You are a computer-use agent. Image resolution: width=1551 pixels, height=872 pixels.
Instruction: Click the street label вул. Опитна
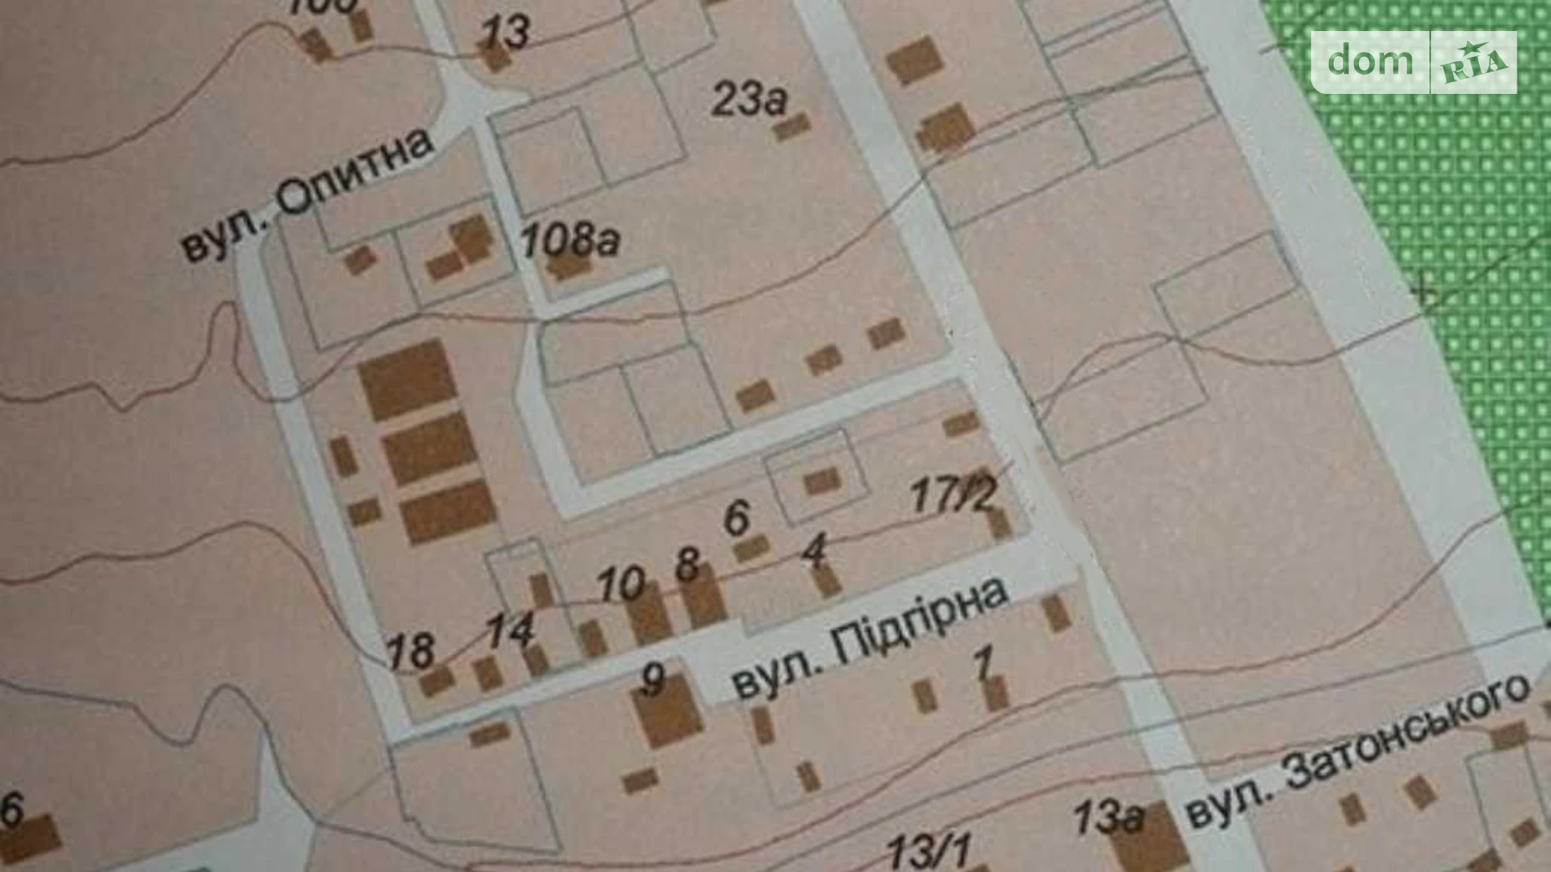pyautogui.click(x=309, y=195)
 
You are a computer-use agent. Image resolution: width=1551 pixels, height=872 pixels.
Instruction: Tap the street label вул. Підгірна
pyautogui.click(x=870, y=641)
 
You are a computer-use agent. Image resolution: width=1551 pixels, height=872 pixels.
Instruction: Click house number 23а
pyautogui.click(x=749, y=100)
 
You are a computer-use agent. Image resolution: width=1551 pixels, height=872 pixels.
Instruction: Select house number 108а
pyautogui.click(x=570, y=240)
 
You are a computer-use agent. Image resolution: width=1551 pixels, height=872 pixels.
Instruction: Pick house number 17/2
pyautogui.click(x=953, y=494)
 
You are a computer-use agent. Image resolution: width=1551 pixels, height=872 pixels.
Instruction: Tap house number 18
pyautogui.click(x=410, y=651)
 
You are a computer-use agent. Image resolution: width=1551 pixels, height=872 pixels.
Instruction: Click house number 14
pyautogui.click(x=510, y=629)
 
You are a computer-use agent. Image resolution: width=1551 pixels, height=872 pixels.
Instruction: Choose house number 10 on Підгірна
pyautogui.click(x=621, y=584)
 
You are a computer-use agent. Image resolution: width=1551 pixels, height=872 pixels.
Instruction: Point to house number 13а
pyautogui.click(x=1107, y=816)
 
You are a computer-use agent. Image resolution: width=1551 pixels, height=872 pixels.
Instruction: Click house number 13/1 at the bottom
pyautogui.click(x=929, y=851)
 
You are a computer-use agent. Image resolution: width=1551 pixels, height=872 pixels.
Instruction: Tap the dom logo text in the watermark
pyautogui.click(x=1370, y=61)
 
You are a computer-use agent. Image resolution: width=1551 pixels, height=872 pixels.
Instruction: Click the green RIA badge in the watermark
pyautogui.click(x=1474, y=63)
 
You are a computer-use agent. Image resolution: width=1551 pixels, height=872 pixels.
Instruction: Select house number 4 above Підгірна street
pyautogui.click(x=814, y=551)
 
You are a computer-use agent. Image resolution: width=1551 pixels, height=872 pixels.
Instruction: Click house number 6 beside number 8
pyautogui.click(x=736, y=517)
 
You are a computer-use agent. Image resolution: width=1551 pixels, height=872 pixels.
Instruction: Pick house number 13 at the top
pyautogui.click(x=505, y=34)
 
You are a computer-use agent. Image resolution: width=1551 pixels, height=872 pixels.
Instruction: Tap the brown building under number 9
pyautogui.click(x=668, y=714)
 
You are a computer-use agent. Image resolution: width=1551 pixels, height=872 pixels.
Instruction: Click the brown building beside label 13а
pyautogui.click(x=1150, y=838)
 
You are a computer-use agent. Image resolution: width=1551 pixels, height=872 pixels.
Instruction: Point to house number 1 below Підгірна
pyautogui.click(x=983, y=662)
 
